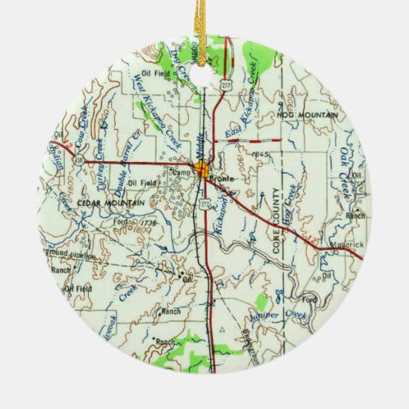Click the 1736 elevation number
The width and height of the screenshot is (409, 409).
144,221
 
